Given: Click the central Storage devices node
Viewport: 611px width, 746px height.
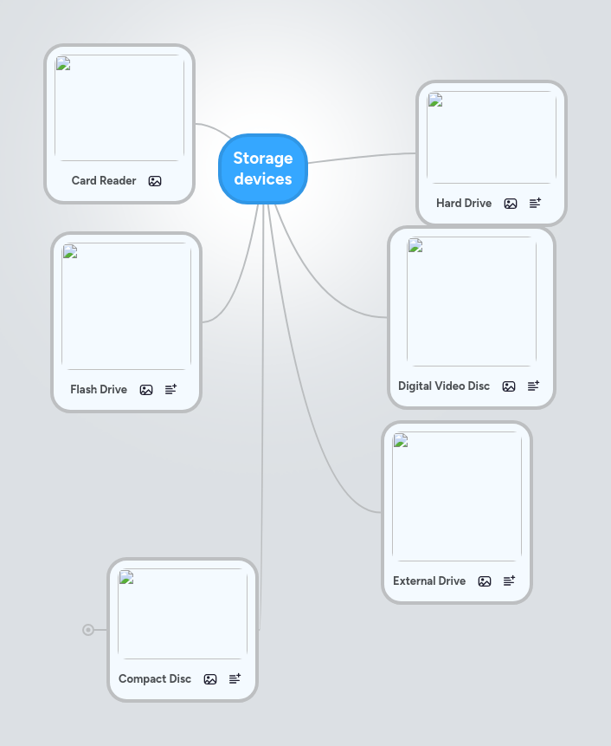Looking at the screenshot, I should coord(263,169).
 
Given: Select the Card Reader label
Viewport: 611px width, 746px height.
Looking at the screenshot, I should coord(104,181).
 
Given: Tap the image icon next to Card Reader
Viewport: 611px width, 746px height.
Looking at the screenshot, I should coord(155,181).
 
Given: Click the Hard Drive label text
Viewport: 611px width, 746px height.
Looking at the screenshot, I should coord(464,204).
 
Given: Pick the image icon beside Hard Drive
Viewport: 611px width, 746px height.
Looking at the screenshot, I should coord(511,204).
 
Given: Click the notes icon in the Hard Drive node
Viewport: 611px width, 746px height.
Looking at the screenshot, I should coord(535,203).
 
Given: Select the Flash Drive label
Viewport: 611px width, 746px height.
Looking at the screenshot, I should coord(99,390).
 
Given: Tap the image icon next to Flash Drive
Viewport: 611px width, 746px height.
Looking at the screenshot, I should coord(146,390).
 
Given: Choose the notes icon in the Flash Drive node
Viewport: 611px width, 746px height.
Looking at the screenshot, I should coord(170,389).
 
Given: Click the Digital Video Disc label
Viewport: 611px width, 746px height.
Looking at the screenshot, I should coord(444,386).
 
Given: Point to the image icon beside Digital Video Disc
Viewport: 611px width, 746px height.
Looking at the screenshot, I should coord(509,386).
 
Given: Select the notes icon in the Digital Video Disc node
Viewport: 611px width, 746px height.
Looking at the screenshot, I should coord(533,386).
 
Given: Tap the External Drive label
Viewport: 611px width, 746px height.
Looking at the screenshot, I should coord(429,581).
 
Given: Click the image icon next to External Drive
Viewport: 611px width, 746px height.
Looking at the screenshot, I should coord(485,581).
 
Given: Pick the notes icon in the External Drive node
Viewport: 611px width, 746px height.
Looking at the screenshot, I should coord(509,581).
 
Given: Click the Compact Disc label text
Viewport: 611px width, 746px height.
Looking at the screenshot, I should coord(155,679).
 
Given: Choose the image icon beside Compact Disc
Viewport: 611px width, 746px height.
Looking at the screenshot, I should coord(210,679).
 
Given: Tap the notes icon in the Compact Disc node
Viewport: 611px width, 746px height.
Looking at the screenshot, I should coord(235,678).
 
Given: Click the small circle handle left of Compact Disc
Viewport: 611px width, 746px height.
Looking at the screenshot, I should coord(88,630).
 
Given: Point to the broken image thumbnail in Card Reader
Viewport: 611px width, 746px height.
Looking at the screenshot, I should coord(119,107).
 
